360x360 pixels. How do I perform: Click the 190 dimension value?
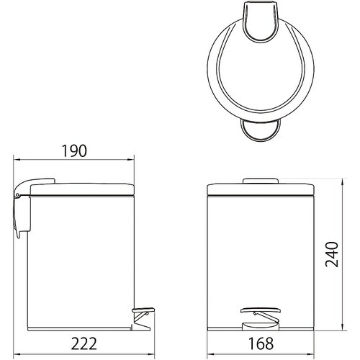point(74,150)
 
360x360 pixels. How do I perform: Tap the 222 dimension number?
point(84,343)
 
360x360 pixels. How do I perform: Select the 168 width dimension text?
point(261,343)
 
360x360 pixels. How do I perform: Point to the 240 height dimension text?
point(332,254)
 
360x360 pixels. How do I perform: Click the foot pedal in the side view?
point(143,310)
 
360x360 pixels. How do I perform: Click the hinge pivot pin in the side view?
point(17,195)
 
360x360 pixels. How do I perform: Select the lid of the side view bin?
point(81,189)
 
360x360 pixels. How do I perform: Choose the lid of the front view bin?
point(261,189)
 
